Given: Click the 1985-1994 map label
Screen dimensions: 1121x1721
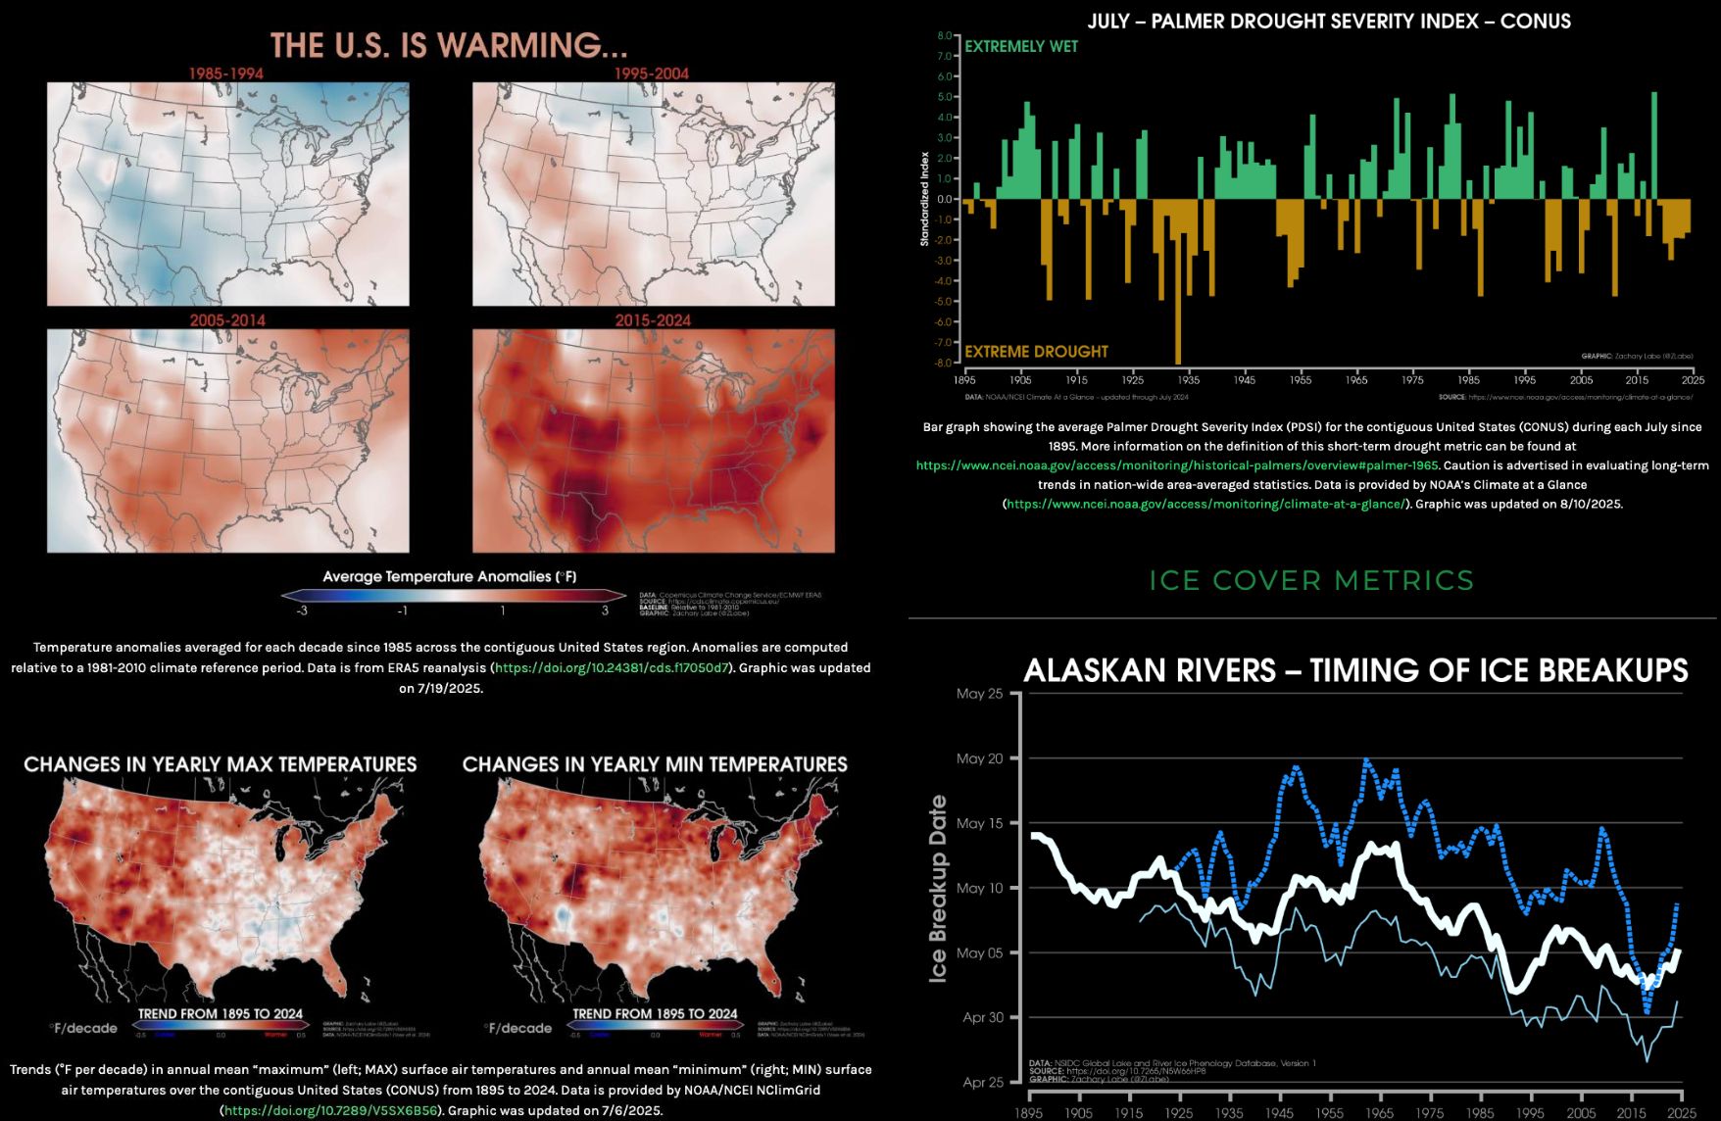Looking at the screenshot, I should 226,73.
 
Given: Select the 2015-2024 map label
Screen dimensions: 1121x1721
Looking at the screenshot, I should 653,320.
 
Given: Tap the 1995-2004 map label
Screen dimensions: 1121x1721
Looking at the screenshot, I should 652,73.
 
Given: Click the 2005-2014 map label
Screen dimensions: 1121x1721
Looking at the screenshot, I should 227,320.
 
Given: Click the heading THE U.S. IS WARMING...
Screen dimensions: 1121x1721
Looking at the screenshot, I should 449,45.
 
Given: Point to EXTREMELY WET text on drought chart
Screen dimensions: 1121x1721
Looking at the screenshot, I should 1020,46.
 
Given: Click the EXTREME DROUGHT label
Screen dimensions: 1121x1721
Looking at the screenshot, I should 1036,351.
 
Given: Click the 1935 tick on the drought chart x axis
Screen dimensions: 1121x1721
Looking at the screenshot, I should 1188,379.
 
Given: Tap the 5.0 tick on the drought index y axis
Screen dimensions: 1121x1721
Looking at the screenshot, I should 945,97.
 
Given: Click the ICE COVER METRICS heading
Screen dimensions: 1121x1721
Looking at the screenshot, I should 1311,580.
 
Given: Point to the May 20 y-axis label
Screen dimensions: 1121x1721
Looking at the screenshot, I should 979,758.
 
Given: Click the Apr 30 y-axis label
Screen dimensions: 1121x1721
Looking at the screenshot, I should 983,1017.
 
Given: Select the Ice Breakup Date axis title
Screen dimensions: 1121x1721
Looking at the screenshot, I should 938,888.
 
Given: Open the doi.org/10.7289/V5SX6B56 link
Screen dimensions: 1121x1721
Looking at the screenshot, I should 330,1110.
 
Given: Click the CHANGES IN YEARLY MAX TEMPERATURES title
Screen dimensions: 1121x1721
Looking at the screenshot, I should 221,764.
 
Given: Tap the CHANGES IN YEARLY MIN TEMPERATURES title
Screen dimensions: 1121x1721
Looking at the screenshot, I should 655,764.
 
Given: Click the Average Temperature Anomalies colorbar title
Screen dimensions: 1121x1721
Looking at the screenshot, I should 450,576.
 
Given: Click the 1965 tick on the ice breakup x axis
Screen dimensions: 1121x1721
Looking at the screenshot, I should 1380,1112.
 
